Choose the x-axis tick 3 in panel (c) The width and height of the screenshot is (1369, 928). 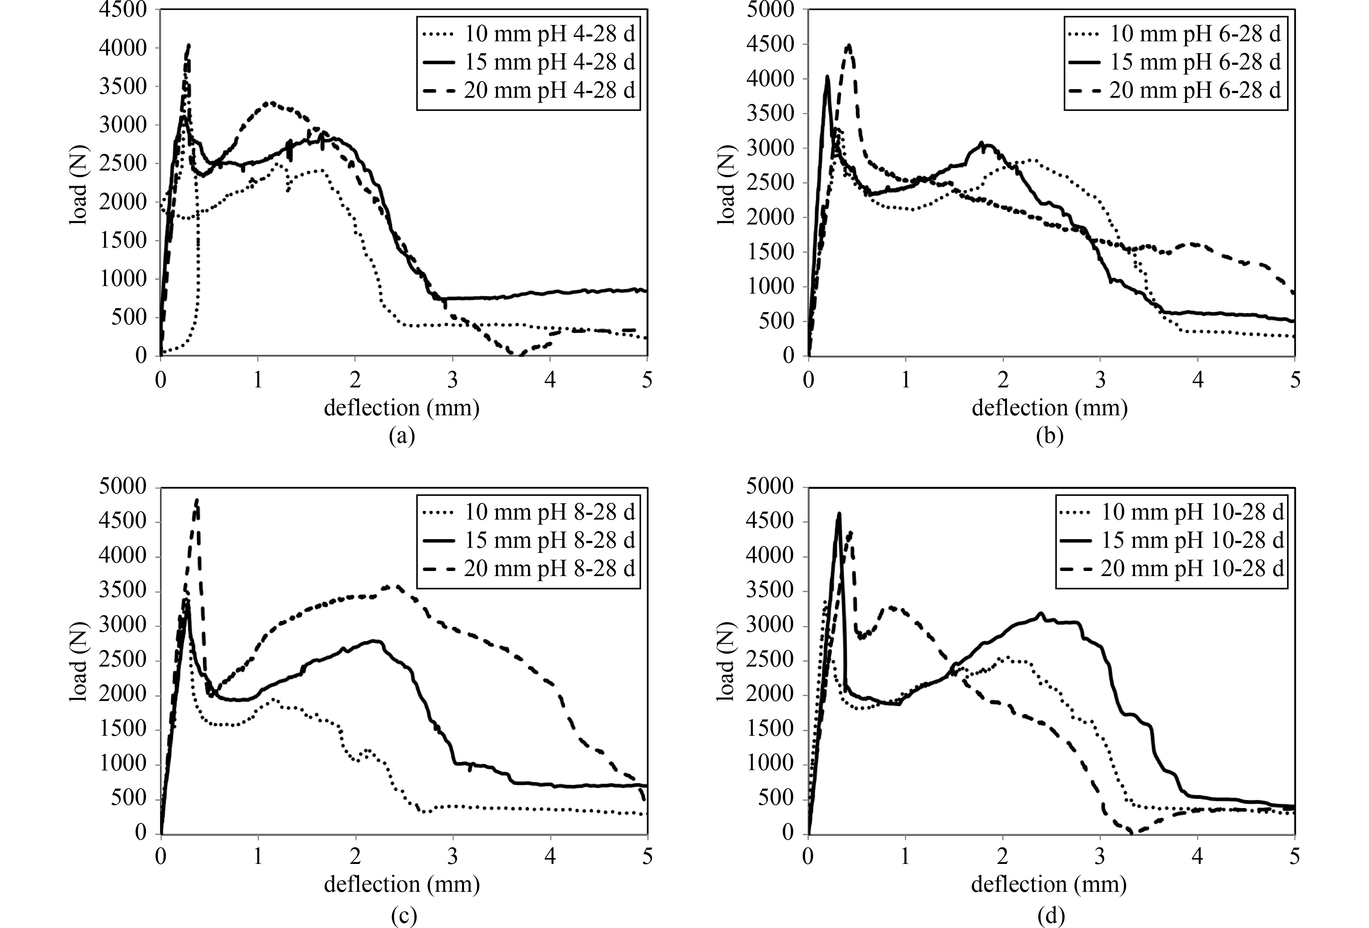[x=452, y=857]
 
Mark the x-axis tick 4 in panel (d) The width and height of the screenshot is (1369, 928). [x=1197, y=857]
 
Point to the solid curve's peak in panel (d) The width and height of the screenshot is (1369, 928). [x=839, y=513]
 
